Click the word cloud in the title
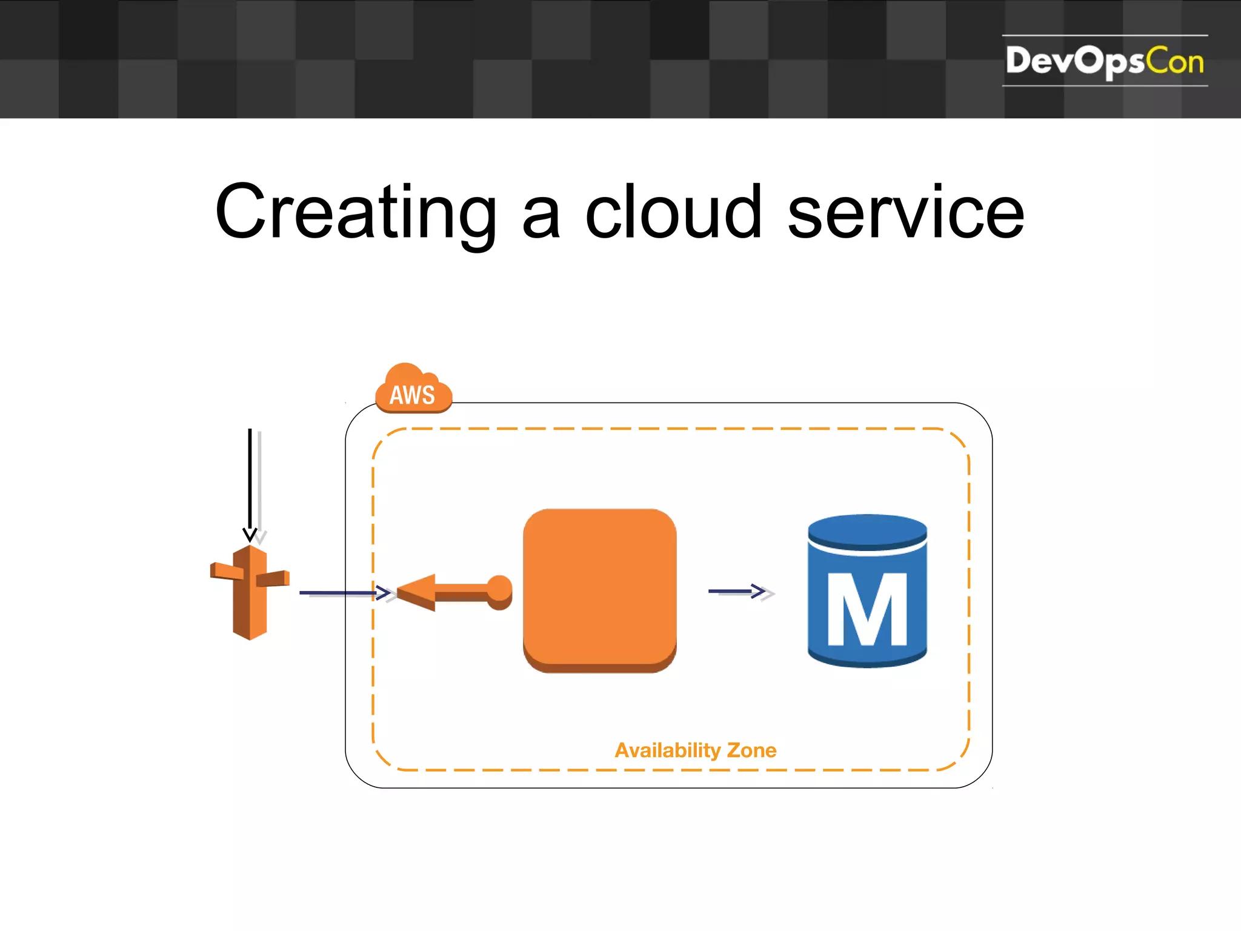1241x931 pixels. point(673,212)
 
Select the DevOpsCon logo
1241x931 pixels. point(1104,61)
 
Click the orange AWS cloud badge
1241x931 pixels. point(413,391)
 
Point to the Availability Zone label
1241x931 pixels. point(695,750)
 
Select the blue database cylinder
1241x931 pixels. point(867,591)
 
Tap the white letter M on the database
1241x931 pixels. point(867,609)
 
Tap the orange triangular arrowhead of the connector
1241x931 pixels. point(418,592)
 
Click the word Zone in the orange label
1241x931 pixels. point(751,750)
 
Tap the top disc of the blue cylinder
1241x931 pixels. point(867,532)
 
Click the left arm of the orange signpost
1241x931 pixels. point(225,571)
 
